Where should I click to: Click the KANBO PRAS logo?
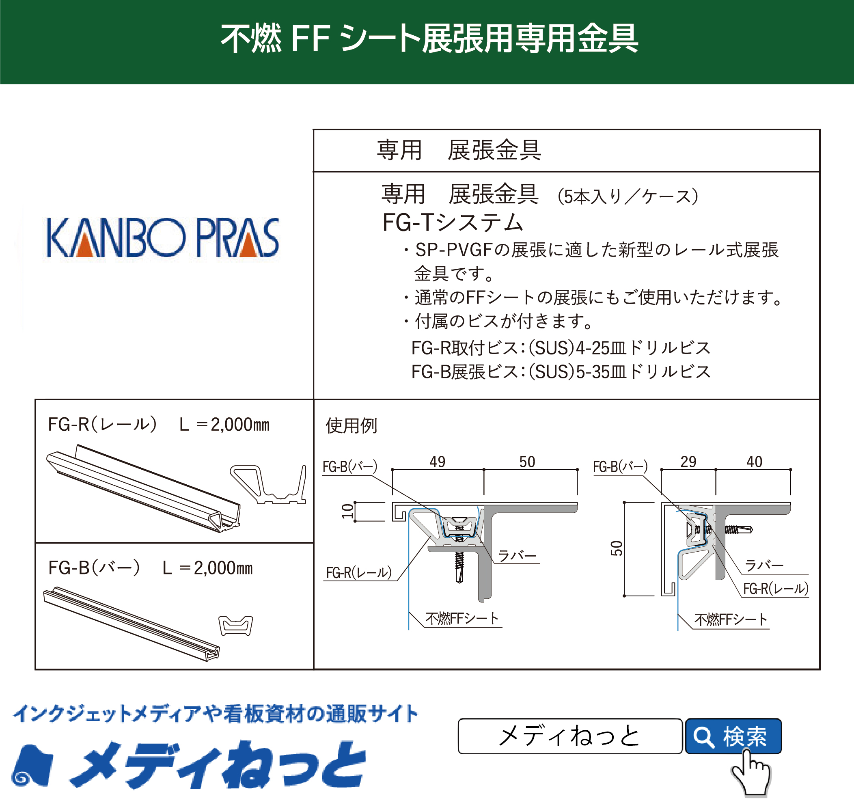(163, 237)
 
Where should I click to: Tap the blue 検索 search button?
(733, 736)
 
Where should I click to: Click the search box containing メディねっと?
(569, 736)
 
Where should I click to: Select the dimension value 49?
(437, 462)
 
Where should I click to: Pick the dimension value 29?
(688, 462)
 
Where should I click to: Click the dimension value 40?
(754, 462)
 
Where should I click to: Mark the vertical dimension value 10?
(347, 511)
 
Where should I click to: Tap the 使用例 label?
(351, 426)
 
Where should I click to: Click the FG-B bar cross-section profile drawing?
(236, 626)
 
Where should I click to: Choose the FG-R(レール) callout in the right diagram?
(776, 589)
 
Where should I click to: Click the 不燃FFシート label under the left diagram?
(462, 619)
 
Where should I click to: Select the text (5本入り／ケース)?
(628, 196)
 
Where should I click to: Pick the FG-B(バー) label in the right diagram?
(620, 466)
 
